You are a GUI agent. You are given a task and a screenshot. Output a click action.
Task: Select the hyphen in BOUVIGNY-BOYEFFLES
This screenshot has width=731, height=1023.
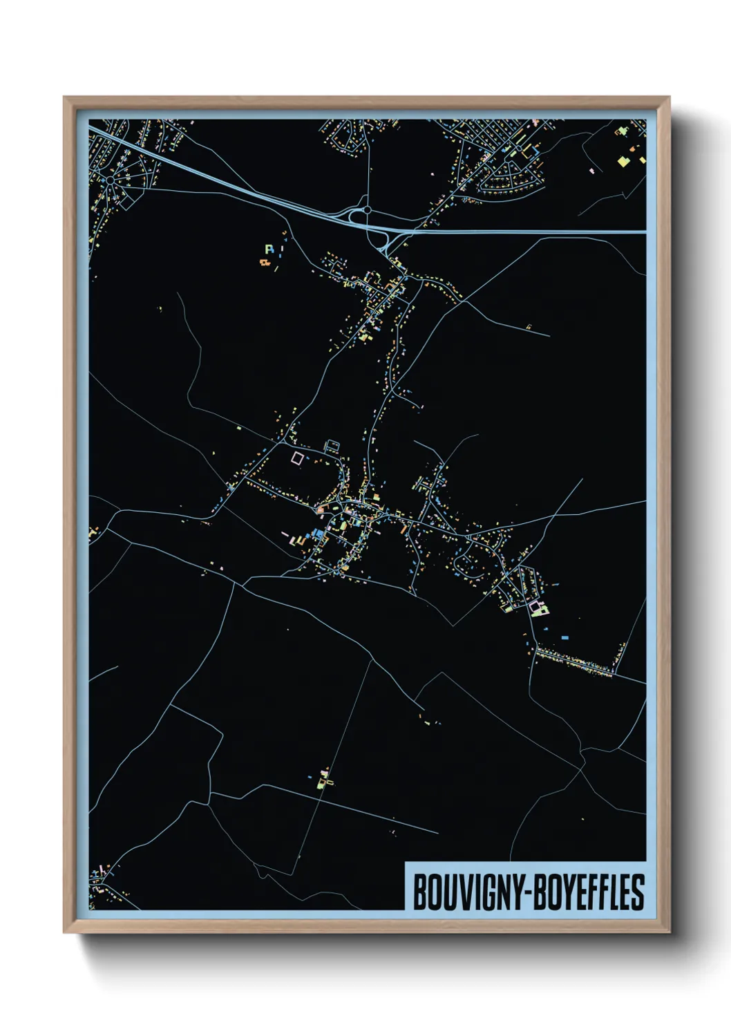530,892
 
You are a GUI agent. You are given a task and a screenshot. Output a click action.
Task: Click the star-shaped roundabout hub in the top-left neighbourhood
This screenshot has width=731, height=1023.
111,180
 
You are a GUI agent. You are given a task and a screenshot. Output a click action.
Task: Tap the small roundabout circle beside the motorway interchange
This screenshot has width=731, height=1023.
368,209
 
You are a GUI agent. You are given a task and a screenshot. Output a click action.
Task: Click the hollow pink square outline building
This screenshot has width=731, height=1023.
297,458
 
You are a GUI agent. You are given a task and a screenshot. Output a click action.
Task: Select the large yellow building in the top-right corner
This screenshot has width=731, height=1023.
624,161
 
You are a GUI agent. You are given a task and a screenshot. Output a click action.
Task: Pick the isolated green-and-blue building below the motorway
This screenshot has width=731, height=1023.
269,248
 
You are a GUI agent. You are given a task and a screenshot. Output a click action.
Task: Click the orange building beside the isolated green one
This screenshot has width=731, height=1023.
263,262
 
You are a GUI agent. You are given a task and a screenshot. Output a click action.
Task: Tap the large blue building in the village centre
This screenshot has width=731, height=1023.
317,532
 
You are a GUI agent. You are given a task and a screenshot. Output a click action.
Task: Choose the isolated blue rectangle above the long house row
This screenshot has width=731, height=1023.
564,637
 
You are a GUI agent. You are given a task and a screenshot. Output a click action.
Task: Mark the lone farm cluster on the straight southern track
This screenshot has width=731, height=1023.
323,779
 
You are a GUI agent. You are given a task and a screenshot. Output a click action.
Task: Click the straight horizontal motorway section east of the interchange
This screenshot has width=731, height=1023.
532,232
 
